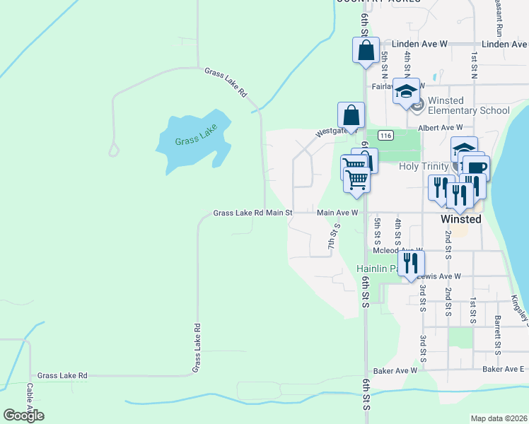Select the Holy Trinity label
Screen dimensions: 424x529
click(424, 167)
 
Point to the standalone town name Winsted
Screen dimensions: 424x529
click(460, 219)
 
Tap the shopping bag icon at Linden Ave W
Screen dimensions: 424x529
click(366, 51)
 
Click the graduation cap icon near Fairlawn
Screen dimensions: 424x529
click(406, 92)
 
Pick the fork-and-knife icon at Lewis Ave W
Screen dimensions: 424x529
click(409, 264)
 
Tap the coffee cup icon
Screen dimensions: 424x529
click(477, 168)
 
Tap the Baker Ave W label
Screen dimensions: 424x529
click(395, 370)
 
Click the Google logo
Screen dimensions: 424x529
click(23, 416)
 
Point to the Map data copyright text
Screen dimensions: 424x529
click(498, 418)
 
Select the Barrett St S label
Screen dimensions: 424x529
click(498, 325)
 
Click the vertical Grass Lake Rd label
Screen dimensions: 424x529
click(197, 348)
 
